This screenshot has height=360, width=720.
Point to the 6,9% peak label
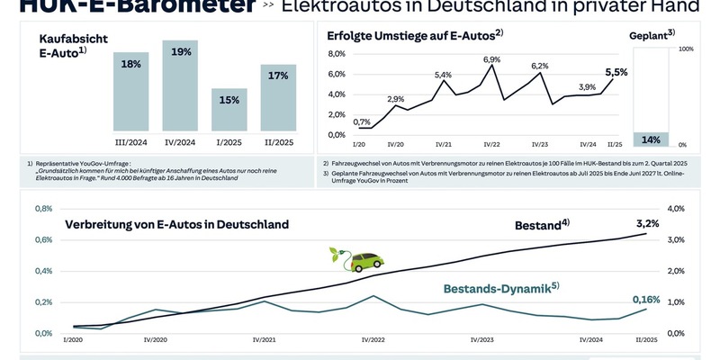[491, 59]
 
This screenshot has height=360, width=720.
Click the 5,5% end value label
[616, 71]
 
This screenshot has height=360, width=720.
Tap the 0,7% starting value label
[362, 121]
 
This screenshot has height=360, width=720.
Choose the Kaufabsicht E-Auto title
[63, 47]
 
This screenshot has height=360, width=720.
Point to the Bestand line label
[541, 223]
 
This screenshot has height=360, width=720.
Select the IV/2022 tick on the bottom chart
[373, 340]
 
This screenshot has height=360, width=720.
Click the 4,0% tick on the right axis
[682, 209]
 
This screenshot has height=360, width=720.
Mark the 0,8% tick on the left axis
[43, 209]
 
